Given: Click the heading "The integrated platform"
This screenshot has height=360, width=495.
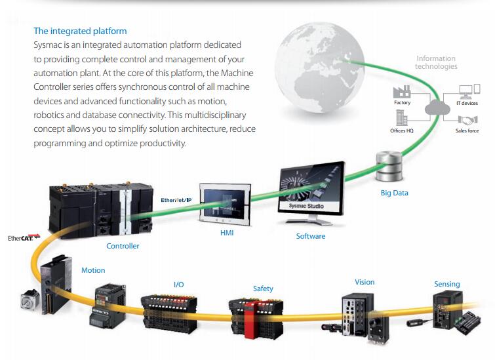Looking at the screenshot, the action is click(80, 31).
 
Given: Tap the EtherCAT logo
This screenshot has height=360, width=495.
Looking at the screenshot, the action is click(24, 237).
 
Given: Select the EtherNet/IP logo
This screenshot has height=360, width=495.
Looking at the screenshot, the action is click(176, 200).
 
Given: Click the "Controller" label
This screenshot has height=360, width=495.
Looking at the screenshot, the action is click(123, 246).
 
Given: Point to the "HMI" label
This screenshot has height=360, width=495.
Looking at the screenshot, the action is click(227, 233).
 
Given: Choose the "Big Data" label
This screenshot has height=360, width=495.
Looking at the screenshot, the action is click(394, 193).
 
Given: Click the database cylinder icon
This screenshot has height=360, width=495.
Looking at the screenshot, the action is click(389, 167).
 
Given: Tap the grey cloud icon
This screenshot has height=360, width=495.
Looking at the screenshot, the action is click(437, 108).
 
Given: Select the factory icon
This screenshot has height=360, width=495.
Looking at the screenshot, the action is click(401, 92).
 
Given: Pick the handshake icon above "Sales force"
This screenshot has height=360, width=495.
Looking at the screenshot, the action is click(467, 120).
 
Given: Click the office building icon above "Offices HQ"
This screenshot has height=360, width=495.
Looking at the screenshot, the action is click(401, 118).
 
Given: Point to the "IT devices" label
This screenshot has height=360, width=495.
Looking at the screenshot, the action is click(467, 103).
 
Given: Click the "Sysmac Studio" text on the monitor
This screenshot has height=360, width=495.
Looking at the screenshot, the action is click(306, 206).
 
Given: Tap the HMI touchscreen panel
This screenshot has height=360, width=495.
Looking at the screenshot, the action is click(225, 204).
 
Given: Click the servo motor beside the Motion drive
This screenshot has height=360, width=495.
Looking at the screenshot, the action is click(30, 299).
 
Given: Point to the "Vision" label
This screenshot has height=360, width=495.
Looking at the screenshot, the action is click(365, 282).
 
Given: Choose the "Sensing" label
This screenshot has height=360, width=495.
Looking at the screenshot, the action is click(447, 284).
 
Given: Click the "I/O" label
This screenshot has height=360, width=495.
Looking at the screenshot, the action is click(179, 285).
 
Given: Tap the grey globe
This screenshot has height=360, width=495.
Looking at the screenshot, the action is click(319, 67).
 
